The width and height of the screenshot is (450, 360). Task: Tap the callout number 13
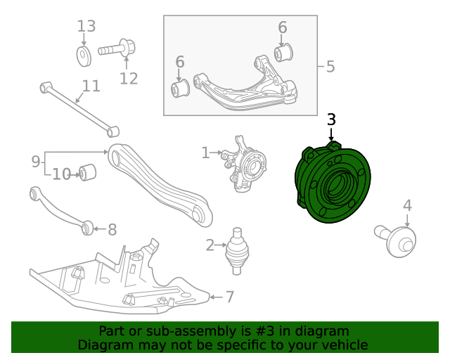tap(86, 27)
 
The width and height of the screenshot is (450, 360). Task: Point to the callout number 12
tap(129, 78)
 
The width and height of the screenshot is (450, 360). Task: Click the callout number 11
tap(91, 86)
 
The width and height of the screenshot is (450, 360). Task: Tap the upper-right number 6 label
tap(283, 28)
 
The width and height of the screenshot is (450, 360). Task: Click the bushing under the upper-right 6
tap(283, 52)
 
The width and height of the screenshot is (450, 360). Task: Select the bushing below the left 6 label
tap(181, 89)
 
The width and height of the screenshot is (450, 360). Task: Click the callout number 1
tap(205, 153)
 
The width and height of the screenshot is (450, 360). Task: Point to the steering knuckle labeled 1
tap(245, 169)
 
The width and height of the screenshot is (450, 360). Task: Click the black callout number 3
tap(331, 120)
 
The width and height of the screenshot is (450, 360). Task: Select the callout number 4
tap(407, 206)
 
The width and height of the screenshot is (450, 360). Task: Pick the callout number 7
tap(230, 297)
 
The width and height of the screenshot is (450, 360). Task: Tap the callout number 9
tap(36, 162)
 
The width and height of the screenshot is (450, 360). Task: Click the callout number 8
tap(112, 229)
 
